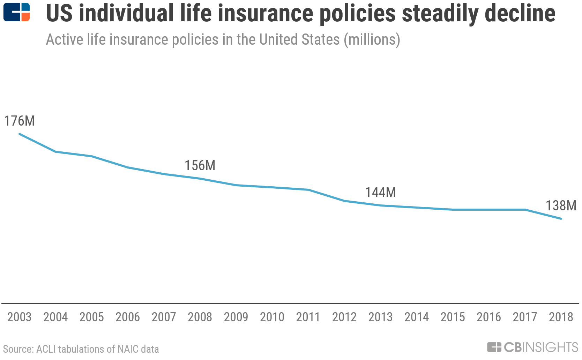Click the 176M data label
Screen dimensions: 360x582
pyautogui.click(x=20, y=121)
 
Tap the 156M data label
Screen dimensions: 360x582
pyautogui.click(x=200, y=165)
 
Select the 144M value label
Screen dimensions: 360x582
pyautogui.click(x=380, y=192)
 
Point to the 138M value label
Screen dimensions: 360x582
pyautogui.click(x=561, y=205)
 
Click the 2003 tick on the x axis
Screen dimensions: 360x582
pyautogui.click(x=20, y=317)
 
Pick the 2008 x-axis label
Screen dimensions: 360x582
pyautogui.click(x=200, y=317)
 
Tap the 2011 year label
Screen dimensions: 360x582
pyautogui.click(x=308, y=317)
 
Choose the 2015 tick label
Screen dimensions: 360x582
pyautogui.click(x=453, y=317)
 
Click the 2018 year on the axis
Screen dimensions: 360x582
pyautogui.click(x=561, y=317)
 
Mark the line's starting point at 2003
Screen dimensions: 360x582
pyautogui.click(x=20, y=134)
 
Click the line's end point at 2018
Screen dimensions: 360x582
pyautogui.click(x=561, y=219)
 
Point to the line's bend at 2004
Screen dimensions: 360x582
pyautogui.click(x=55, y=152)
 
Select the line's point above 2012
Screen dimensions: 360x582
pyautogui.click(x=344, y=201)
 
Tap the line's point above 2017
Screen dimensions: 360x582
pyautogui.click(x=525, y=210)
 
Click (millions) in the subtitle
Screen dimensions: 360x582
pyautogui.click(x=372, y=40)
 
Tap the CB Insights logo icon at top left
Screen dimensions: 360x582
pyautogui.click(x=16, y=12)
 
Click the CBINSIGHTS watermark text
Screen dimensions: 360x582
pyautogui.click(x=541, y=347)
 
